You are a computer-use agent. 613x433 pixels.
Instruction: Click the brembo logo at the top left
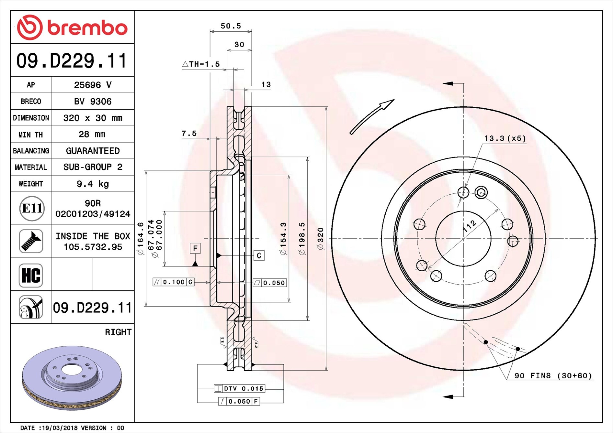(72, 27)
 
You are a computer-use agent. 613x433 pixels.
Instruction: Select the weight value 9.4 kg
(93, 184)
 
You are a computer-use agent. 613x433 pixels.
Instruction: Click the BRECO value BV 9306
(93, 102)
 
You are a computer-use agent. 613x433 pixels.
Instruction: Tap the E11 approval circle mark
(31, 208)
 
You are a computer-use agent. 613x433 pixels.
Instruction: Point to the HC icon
(31, 275)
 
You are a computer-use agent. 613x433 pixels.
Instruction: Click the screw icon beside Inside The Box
(31, 241)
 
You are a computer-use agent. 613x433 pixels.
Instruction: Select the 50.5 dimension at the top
(231, 26)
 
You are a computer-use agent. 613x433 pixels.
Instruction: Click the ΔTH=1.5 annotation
(201, 64)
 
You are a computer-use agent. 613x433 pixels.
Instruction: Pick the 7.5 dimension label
(189, 133)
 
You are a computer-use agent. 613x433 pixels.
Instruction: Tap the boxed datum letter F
(195, 248)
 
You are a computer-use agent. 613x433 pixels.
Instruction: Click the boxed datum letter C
(259, 255)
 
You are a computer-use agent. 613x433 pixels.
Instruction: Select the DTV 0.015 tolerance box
(239, 388)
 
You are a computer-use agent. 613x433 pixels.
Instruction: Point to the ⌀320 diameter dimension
(321, 239)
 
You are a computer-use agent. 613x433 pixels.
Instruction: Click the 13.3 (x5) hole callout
(505, 138)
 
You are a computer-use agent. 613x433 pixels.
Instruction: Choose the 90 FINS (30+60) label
(553, 375)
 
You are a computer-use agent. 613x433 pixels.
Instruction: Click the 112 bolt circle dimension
(469, 226)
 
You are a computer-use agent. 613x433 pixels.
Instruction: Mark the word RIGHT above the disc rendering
(118, 332)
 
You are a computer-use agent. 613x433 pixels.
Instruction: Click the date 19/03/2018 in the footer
(60, 428)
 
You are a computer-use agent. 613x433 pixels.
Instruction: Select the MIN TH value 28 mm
(92, 134)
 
